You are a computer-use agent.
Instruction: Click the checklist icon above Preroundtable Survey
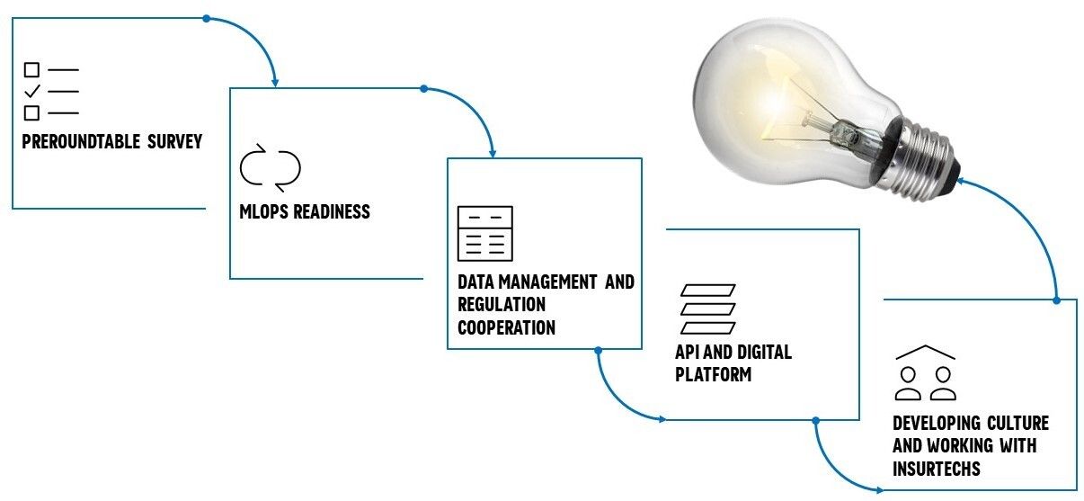(50, 91)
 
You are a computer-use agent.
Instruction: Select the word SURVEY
(174, 141)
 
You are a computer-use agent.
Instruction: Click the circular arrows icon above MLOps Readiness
(270, 166)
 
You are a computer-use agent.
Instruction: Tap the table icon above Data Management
(484, 233)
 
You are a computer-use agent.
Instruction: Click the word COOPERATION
(506, 327)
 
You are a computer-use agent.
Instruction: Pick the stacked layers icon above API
(707, 309)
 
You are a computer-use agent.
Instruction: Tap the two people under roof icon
(925, 373)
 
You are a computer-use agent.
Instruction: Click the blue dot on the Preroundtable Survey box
(206, 18)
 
